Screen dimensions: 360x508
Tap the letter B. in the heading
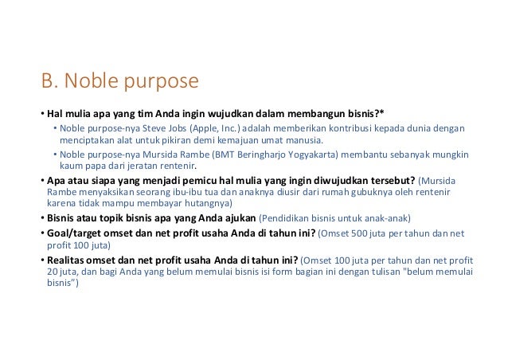[49, 81]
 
